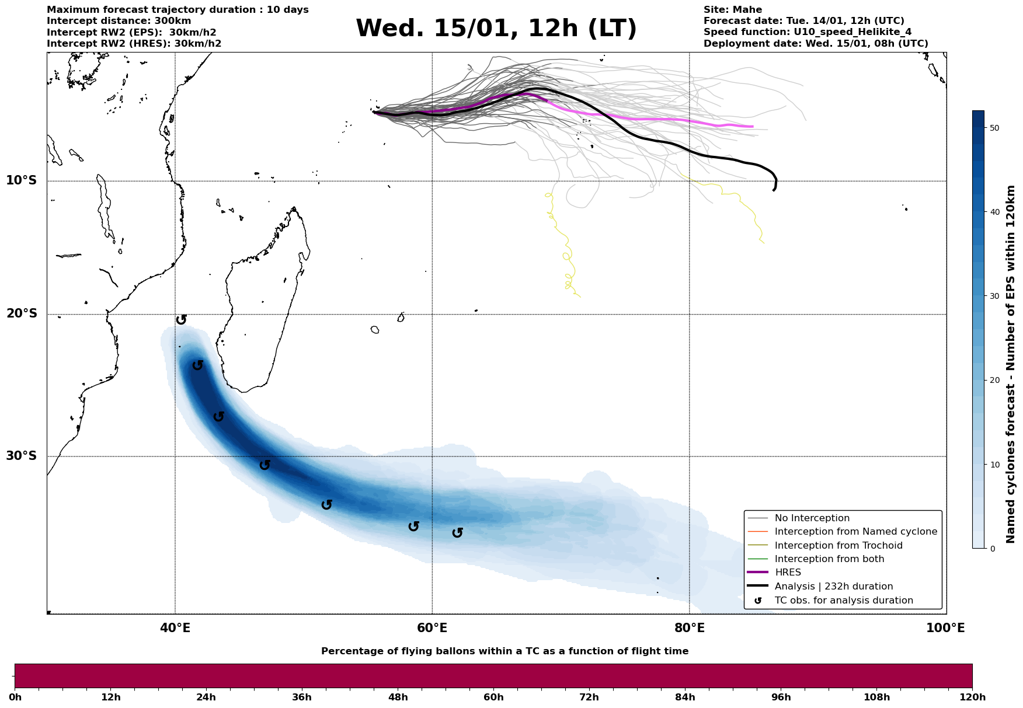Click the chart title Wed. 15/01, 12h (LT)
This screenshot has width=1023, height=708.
(x=496, y=29)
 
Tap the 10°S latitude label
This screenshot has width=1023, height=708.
(x=22, y=180)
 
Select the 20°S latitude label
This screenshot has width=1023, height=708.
(x=22, y=314)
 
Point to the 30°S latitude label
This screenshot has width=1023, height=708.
(x=22, y=456)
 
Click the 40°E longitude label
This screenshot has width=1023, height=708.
(x=175, y=629)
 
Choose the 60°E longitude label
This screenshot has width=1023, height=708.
(x=432, y=629)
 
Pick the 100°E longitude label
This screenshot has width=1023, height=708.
(x=945, y=629)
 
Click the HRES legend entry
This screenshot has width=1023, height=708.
(x=788, y=573)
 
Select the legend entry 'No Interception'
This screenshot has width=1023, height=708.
(x=812, y=518)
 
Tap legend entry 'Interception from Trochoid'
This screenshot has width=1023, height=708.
(x=838, y=546)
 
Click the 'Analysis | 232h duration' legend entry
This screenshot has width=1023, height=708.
(x=833, y=587)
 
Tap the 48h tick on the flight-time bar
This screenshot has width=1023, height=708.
(x=398, y=697)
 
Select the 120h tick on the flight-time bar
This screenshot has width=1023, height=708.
(x=972, y=697)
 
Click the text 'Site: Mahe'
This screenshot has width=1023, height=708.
(x=732, y=10)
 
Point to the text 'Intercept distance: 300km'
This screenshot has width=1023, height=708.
(x=119, y=21)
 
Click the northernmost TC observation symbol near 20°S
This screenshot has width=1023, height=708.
(x=181, y=319)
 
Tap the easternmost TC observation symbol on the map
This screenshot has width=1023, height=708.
(x=457, y=532)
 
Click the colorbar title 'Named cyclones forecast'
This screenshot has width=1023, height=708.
(x=1011, y=364)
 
